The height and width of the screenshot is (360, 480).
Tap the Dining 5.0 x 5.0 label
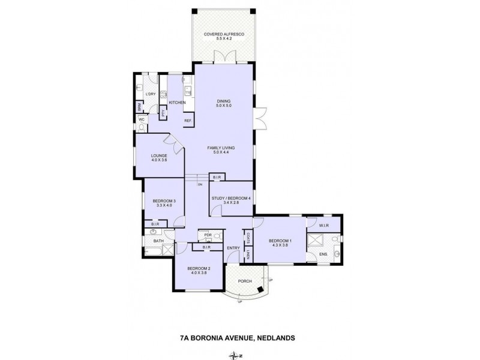(x=224, y=103)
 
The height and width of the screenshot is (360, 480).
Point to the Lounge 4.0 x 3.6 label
(x=159, y=158)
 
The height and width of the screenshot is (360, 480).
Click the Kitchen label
(x=177, y=103)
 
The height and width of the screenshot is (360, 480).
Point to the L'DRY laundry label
(x=151, y=94)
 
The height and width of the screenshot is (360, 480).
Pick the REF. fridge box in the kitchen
(x=187, y=121)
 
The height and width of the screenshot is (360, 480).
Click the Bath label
(x=158, y=241)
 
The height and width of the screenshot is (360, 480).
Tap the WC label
(x=142, y=119)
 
